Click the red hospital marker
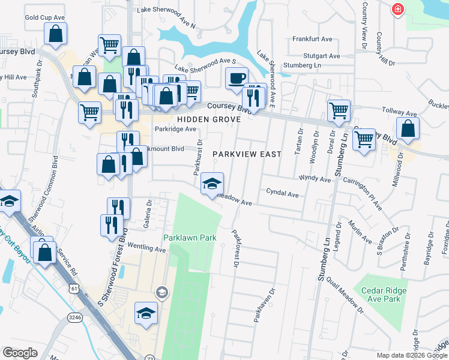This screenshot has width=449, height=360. (397, 9)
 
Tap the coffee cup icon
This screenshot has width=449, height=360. (237, 77)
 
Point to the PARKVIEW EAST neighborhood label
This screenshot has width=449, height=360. (247, 154)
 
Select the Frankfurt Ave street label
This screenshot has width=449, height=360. (312, 39)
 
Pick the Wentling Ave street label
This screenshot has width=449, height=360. (146, 248)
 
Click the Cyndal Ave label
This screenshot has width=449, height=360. (282, 194)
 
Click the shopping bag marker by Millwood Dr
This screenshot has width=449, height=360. (408, 128)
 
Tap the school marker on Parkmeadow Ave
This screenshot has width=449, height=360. (212, 184)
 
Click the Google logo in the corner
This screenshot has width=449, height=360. (20, 353)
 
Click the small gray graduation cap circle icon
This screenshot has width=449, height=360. (161, 292)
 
